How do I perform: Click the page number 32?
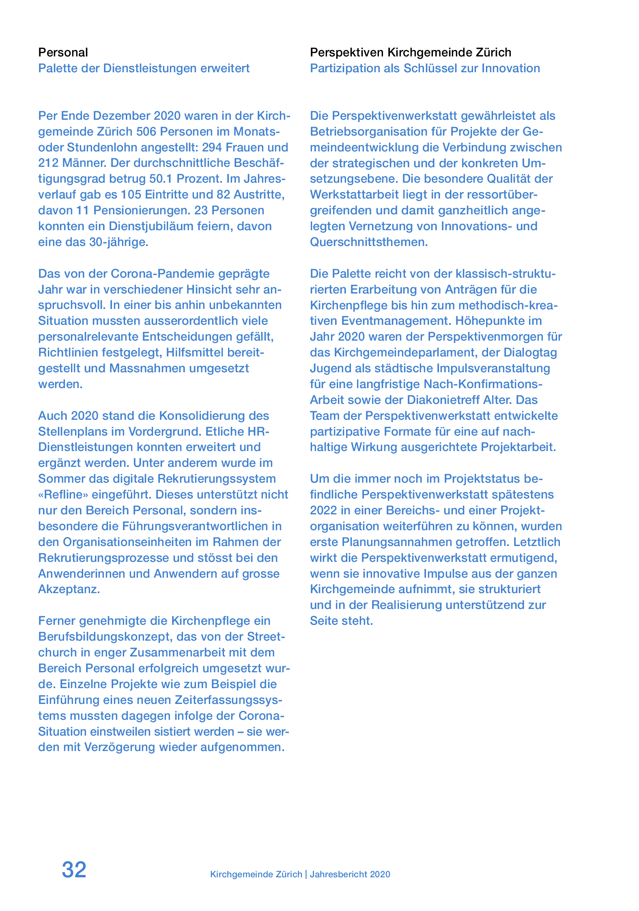(x=74, y=870)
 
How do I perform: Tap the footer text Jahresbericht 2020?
(x=350, y=874)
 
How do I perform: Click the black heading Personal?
(x=63, y=52)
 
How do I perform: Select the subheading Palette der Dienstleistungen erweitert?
(x=144, y=68)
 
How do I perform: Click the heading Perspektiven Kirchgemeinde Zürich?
(x=410, y=52)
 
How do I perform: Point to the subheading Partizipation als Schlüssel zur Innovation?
(x=425, y=68)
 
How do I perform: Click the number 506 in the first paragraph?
(x=146, y=132)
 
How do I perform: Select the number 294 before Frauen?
(x=211, y=147)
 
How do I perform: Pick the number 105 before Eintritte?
(x=131, y=194)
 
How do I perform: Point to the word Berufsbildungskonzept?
(x=105, y=637)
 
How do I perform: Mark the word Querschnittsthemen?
(x=369, y=242)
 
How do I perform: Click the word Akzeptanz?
(x=69, y=589)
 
